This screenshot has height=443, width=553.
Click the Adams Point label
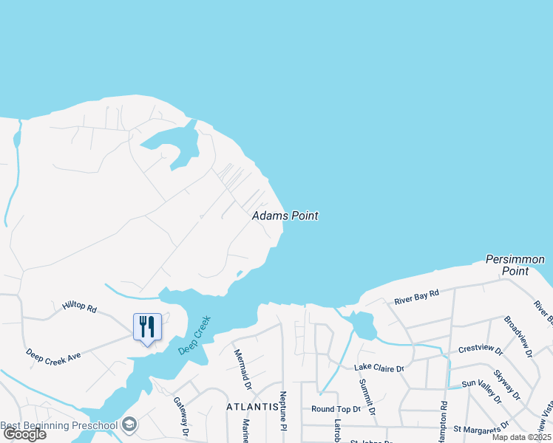point(285,216)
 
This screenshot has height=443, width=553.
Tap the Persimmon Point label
point(515,265)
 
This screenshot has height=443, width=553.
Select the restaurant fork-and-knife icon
point(146,326)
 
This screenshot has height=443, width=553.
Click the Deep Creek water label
point(194,335)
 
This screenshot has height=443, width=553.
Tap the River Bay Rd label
point(416,296)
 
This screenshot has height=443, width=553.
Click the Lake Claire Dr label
point(379,368)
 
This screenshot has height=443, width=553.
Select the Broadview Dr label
point(517,337)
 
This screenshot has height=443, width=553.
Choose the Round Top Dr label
point(336,408)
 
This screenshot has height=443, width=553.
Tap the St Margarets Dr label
point(481,427)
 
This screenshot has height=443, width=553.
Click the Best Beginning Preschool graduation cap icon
point(129,425)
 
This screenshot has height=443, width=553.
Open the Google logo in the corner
point(24,434)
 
